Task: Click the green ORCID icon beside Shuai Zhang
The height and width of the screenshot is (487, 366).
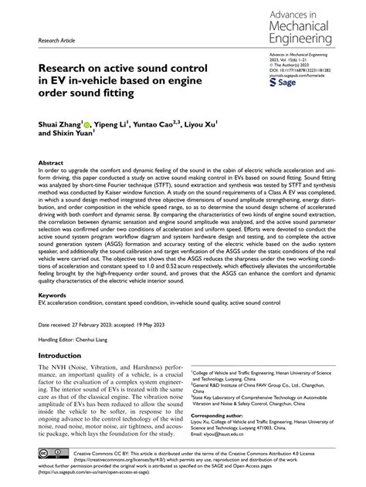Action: pyautogui.click(x=86, y=123)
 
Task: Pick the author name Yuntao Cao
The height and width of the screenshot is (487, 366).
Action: pyautogui.click(x=161, y=122)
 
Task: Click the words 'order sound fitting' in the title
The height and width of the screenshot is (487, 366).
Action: pyautogui.click(x=86, y=94)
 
